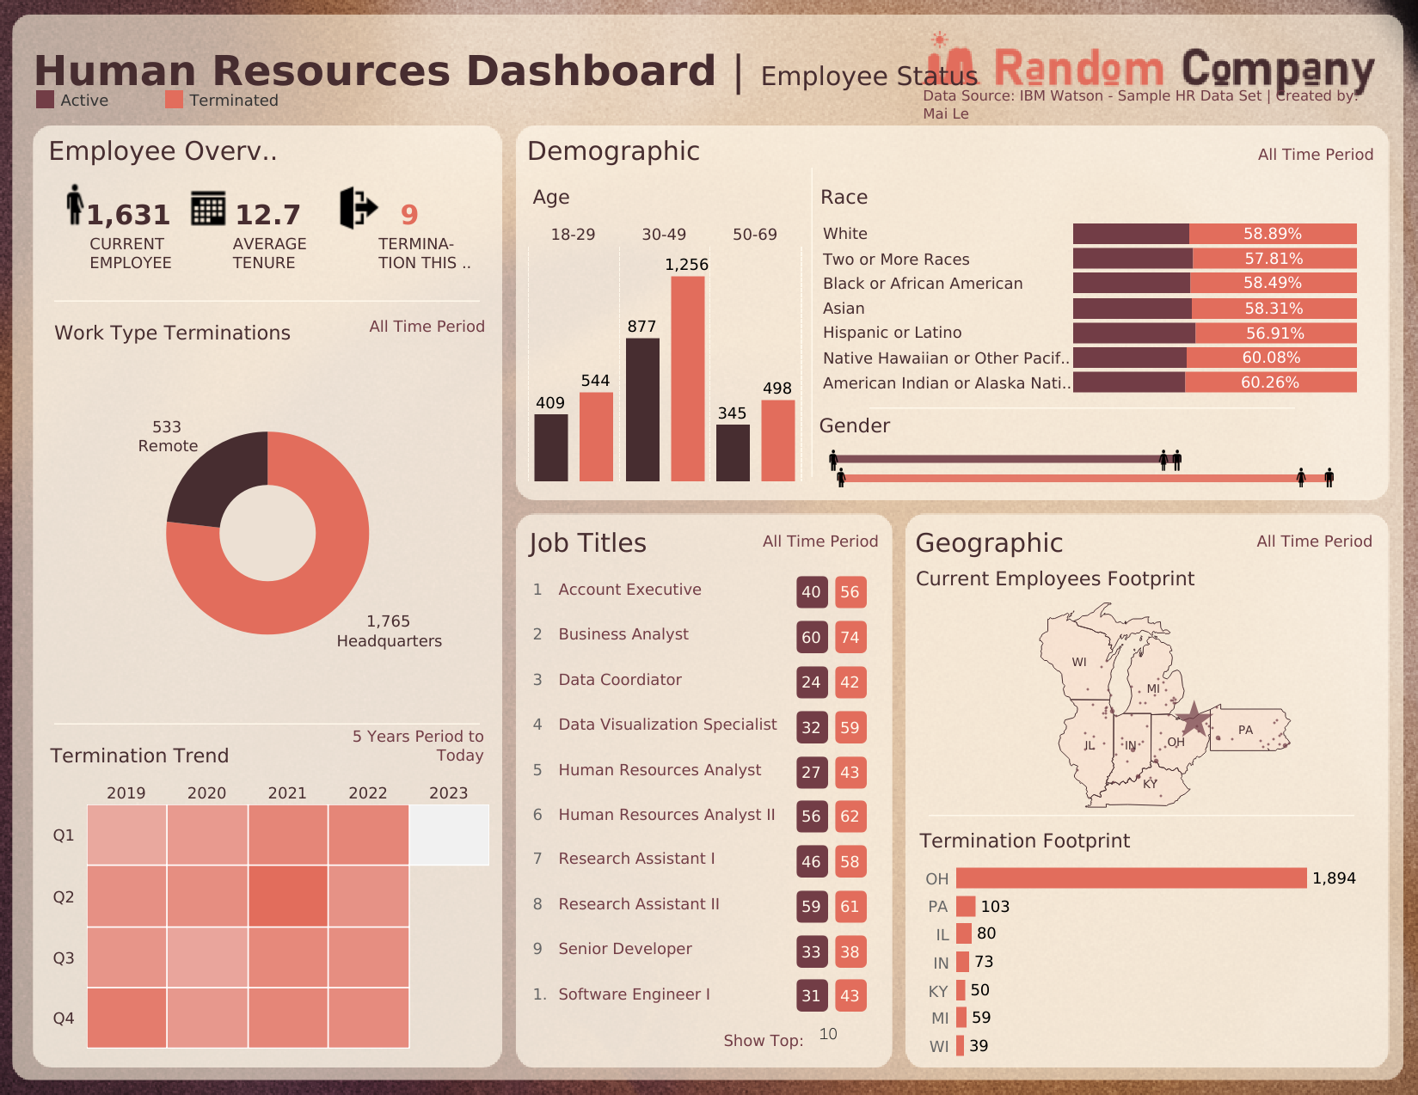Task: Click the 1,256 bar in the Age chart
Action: [687, 378]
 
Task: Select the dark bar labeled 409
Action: [551, 447]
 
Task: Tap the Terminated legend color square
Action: [174, 100]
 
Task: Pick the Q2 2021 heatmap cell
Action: [288, 896]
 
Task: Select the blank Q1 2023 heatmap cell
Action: [449, 835]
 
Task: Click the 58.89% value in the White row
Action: [1272, 234]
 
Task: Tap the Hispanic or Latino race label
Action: [892, 333]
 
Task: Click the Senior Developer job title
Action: [625, 949]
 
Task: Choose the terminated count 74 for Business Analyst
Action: [850, 637]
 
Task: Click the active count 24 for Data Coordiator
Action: [811, 682]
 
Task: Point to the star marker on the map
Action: [1194, 718]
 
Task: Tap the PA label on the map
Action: [1245, 730]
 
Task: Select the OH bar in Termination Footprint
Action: [1131, 878]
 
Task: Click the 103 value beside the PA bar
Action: [995, 907]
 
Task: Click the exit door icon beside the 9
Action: [358, 207]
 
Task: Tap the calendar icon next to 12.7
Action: [208, 208]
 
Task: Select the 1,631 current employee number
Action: [128, 214]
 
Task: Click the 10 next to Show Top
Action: [828, 1034]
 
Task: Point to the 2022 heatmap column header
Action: [368, 792]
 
